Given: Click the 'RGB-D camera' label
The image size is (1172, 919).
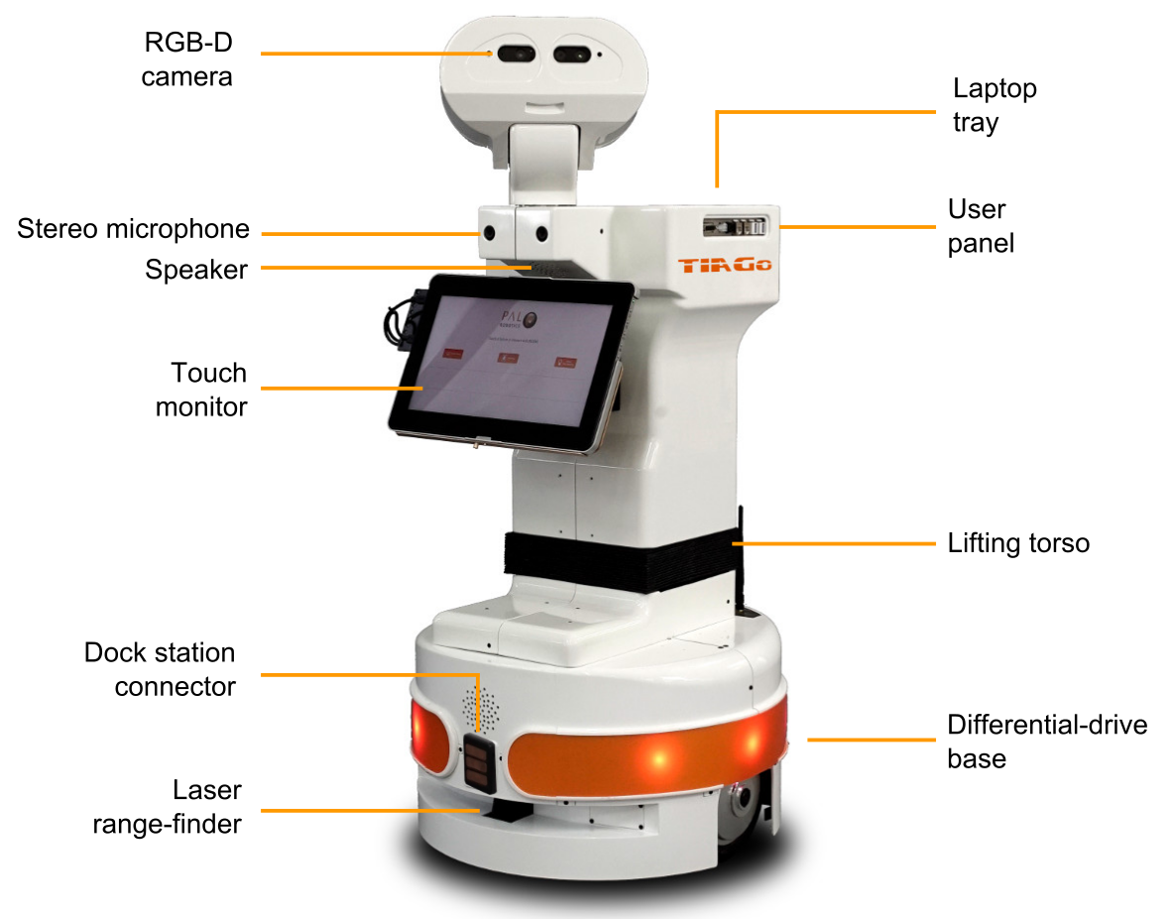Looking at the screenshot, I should tap(186, 58).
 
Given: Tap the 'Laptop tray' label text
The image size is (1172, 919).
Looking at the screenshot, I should tap(995, 105).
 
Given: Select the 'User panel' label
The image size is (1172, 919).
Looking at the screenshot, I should tap(981, 226).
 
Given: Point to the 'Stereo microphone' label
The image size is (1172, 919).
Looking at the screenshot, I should tap(133, 229).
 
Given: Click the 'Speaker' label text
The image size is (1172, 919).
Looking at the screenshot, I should tap(196, 270).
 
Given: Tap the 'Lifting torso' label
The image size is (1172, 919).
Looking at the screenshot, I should tap(1018, 543).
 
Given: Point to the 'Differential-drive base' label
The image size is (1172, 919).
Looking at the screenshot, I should tap(1047, 741).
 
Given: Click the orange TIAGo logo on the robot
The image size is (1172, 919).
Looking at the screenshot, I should tap(725, 266).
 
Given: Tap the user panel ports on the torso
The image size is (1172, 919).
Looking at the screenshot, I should tap(734, 227).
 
